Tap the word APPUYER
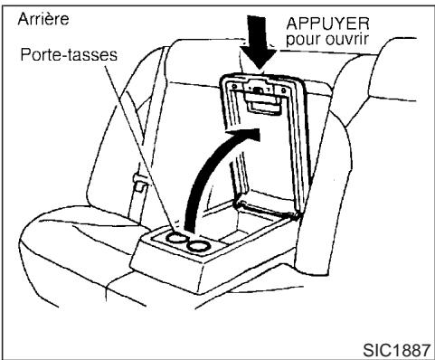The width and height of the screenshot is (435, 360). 323,24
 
